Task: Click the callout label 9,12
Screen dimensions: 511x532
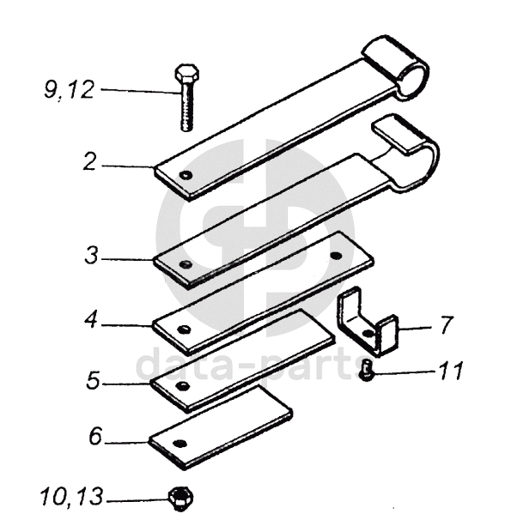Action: [x=69, y=90]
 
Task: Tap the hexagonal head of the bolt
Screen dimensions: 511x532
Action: [x=187, y=72]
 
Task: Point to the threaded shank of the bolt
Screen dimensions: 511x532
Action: [x=186, y=106]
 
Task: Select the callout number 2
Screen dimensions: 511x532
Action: [x=90, y=162]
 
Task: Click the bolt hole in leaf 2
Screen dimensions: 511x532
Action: [x=186, y=175]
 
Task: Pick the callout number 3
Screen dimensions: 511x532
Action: [x=91, y=256]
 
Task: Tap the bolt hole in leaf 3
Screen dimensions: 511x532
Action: [x=186, y=264]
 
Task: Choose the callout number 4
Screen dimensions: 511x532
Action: [x=91, y=321]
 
